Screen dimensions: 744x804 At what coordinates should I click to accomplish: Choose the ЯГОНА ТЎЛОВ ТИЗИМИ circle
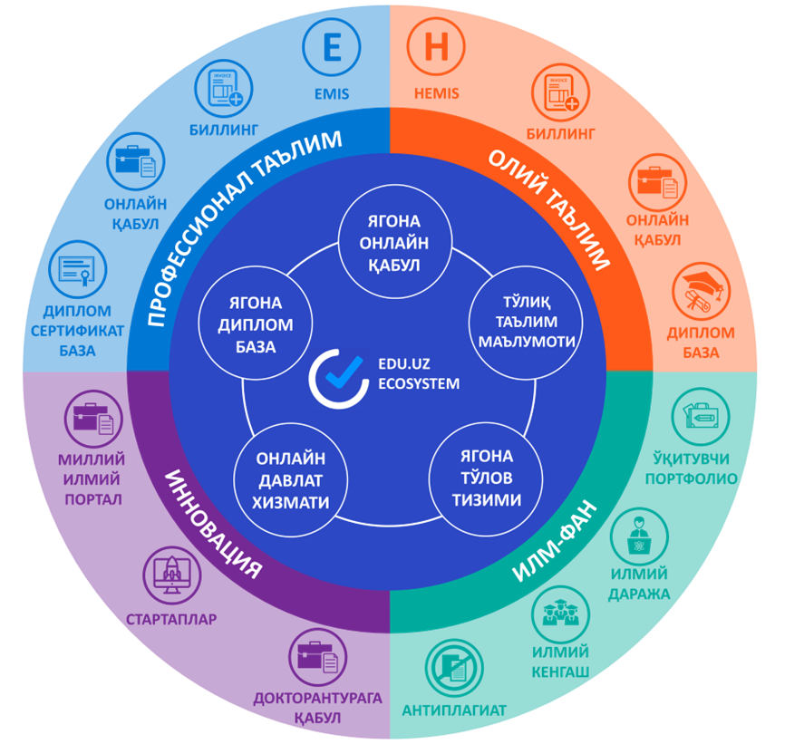point(486,478)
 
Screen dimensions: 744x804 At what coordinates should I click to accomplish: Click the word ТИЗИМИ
point(486,499)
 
